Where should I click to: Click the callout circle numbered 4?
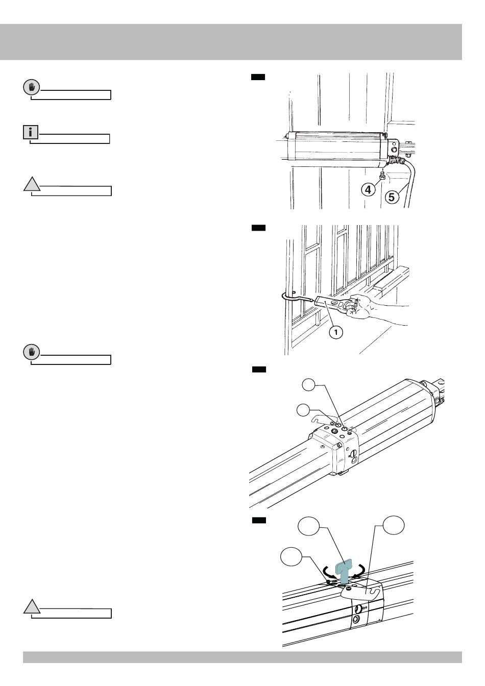click(x=368, y=189)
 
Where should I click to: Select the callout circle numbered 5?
click(x=392, y=197)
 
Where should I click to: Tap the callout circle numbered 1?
click(x=334, y=332)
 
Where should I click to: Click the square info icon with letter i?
click(x=31, y=133)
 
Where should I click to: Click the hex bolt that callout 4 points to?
click(x=381, y=176)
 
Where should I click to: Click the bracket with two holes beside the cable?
click(x=394, y=149)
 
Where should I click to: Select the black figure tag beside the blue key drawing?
click(x=259, y=520)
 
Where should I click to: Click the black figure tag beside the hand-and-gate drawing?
click(x=258, y=228)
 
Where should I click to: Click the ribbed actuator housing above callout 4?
click(x=337, y=149)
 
